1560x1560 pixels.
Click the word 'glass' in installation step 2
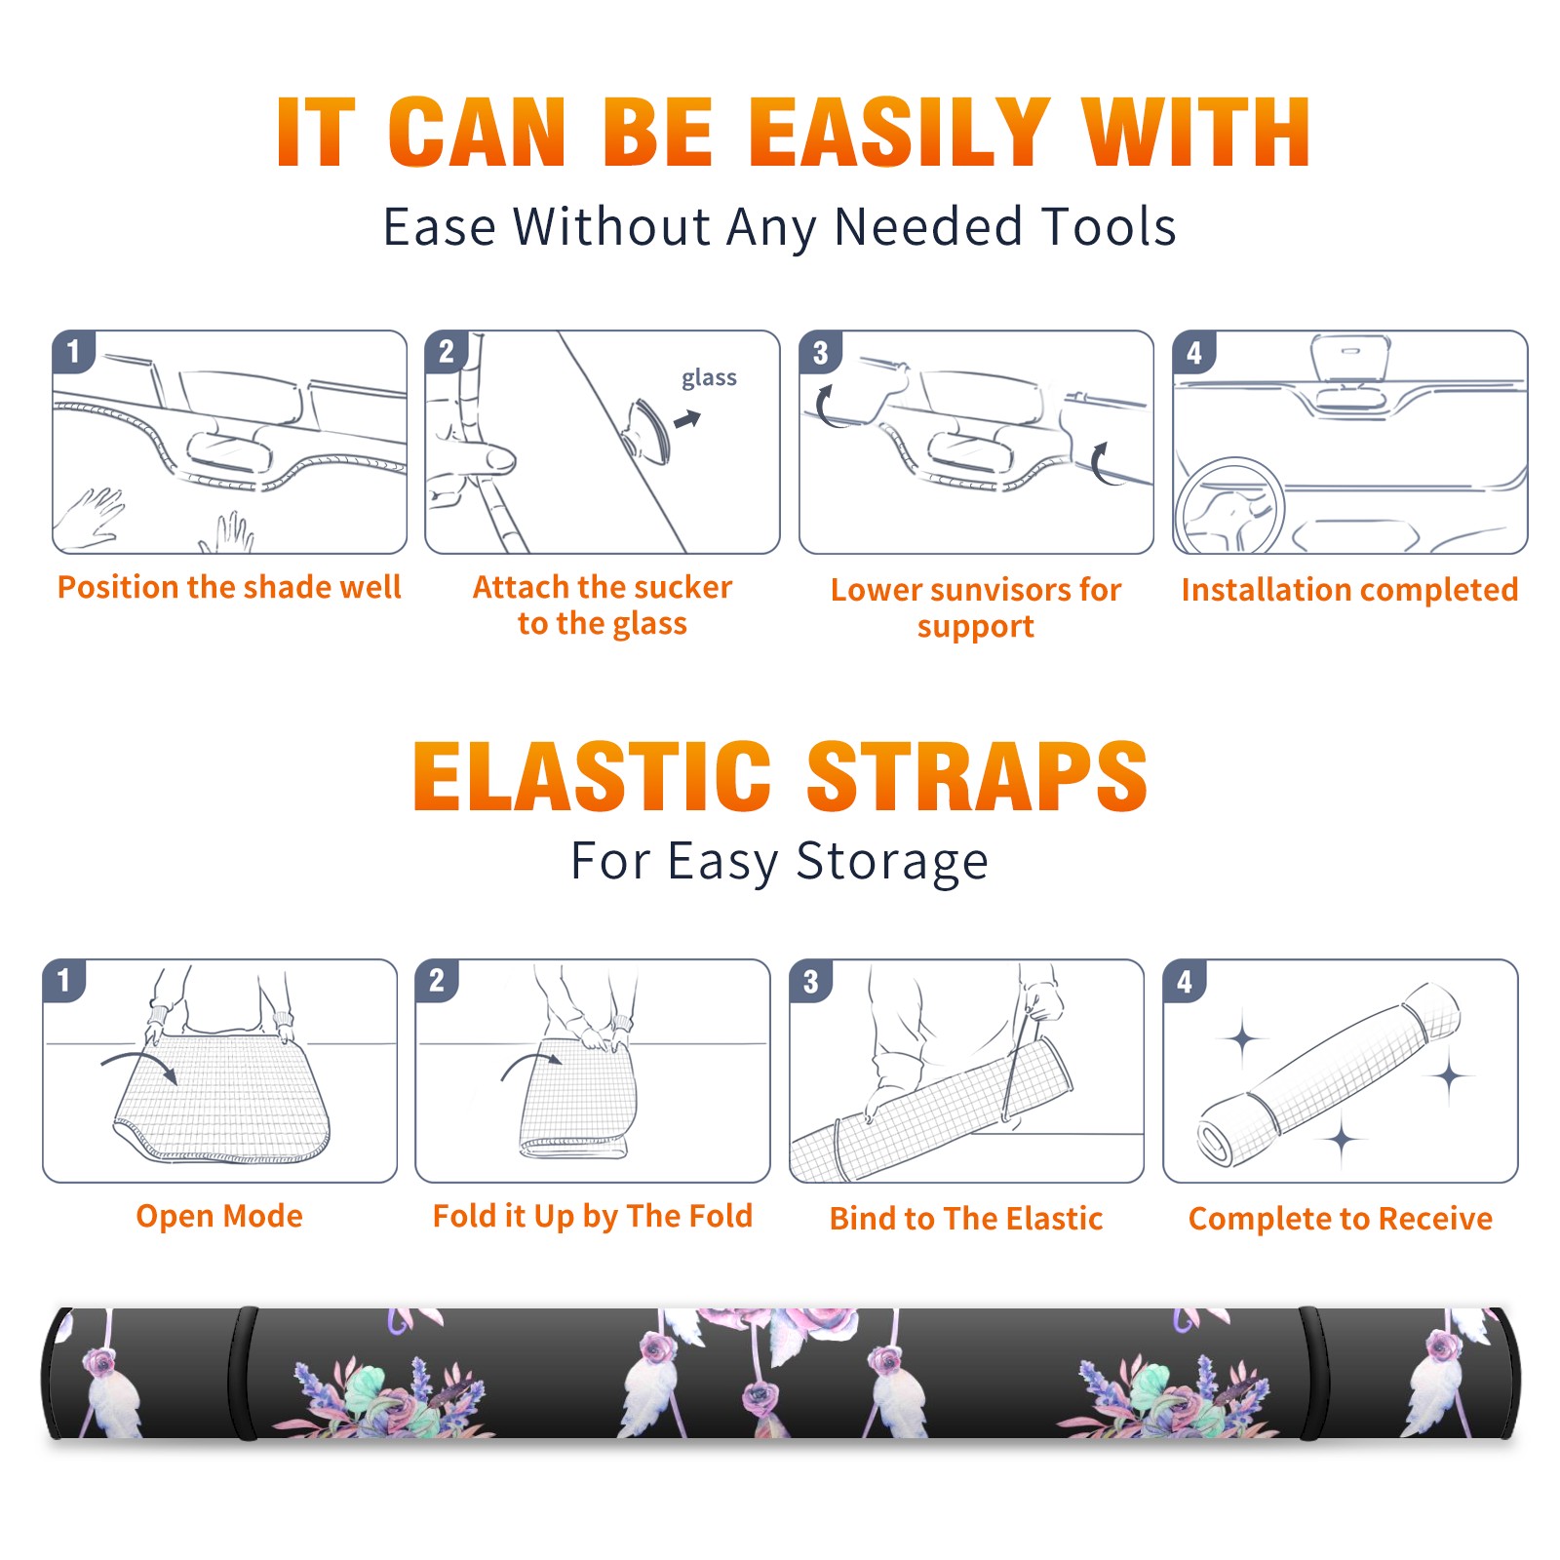709,378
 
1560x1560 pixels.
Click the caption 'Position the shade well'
229,587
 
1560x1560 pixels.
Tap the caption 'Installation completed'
1349,590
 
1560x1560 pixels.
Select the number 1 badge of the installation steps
74,351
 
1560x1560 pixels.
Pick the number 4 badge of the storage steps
1185,981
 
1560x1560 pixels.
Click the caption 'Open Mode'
219,1216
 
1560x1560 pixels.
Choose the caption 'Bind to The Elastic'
966,1219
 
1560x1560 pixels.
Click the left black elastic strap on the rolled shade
244,1374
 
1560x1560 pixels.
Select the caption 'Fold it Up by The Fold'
593,1216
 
